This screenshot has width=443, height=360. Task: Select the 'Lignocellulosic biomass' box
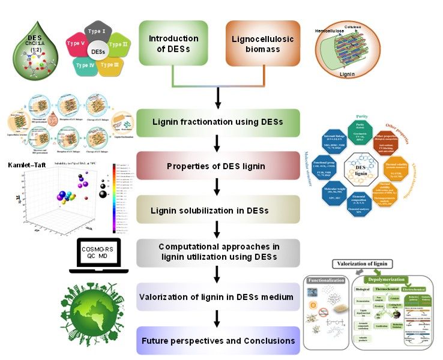pyautogui.click(x=262, y=43)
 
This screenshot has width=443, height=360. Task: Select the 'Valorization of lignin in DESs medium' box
pyautogui.click(x=218, y=297)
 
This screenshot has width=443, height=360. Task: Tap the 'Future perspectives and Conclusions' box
pyautogui.click(x=218, y=341)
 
